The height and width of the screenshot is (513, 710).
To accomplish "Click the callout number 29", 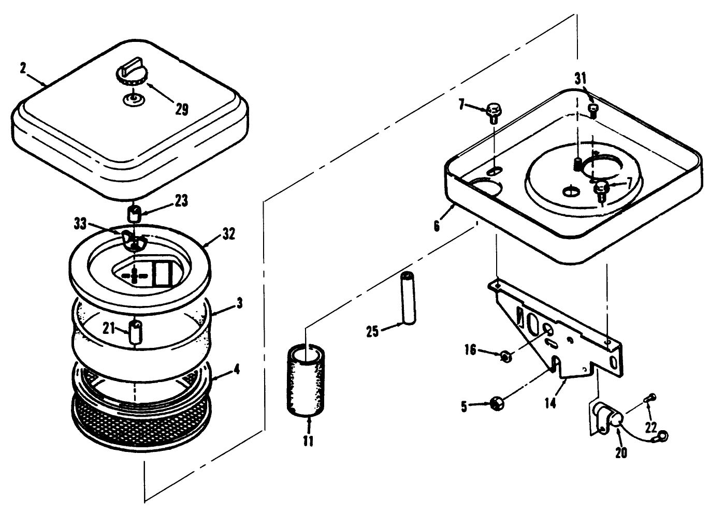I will point(181,109).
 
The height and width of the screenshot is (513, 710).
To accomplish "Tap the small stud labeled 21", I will point(136,331).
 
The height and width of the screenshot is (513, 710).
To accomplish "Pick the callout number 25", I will point(373,332).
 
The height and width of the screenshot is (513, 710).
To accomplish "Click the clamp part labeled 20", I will point(606,417).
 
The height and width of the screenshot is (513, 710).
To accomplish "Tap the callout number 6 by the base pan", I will point(437,226).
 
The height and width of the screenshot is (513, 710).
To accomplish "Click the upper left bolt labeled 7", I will point(493,112).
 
